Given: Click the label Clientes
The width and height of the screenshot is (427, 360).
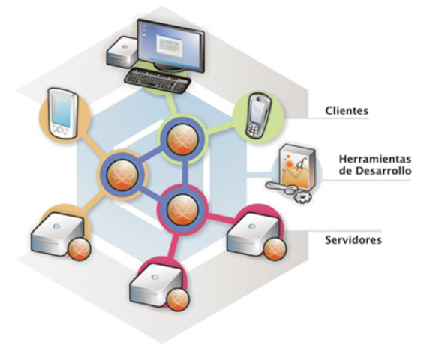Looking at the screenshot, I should [346, 111].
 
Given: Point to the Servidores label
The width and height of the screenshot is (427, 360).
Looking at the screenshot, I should [353, 240].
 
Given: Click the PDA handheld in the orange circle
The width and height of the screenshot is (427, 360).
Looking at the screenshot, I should [63, 113].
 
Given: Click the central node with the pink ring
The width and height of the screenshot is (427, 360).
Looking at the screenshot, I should [180, 203].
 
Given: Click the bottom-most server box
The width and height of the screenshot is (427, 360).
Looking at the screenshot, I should [155, 283].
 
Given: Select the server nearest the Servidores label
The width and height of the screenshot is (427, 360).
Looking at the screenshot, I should [252, 236].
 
